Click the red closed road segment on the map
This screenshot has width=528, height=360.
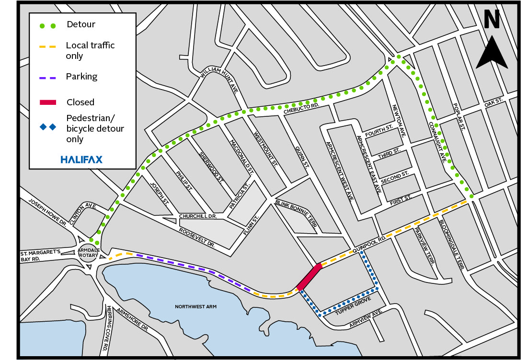click(309, 276)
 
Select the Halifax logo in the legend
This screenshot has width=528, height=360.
click(81, 159)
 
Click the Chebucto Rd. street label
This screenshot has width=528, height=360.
click(301, 108)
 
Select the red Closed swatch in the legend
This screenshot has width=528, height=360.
click(48, 102)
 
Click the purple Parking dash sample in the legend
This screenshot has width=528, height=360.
click(48, 77)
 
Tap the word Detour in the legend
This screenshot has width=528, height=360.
click(81, 24)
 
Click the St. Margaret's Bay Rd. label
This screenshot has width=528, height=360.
click(40, 256)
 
